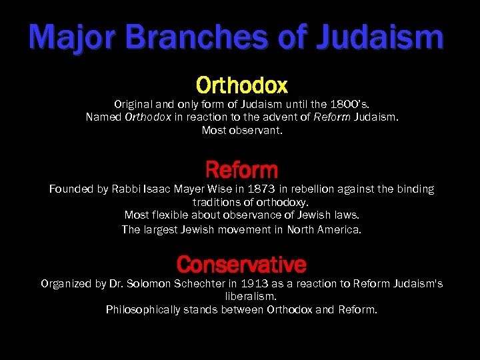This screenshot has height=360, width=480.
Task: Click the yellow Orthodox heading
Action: [241, 85]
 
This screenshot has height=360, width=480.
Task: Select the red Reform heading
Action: [241, 169]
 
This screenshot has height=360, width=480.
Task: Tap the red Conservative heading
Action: [241, 265]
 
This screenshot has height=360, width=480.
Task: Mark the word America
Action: [339, 229]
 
